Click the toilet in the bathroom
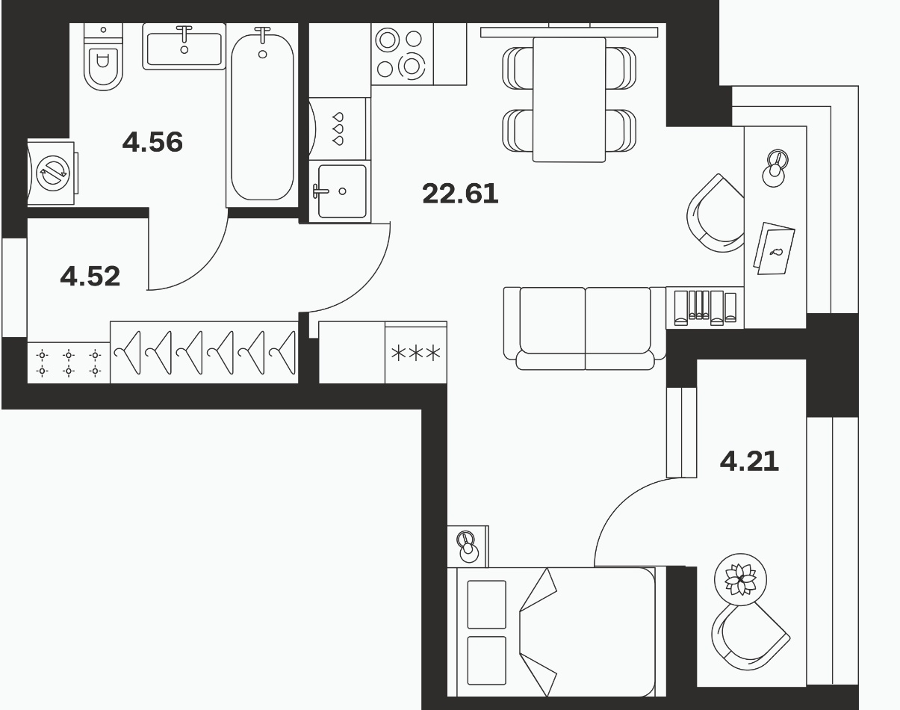103,57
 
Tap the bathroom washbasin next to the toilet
184,46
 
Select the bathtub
262,115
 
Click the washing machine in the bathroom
53,173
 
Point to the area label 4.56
152,142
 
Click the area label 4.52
90,276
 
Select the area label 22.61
460,194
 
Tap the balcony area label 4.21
749,461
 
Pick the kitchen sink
341,191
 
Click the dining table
569,99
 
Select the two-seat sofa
585,328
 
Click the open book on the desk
774,249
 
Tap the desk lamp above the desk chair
775,168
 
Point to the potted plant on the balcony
741,579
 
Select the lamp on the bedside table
468,547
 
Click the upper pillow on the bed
487,605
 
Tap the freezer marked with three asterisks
416,353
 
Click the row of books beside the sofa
705,308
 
